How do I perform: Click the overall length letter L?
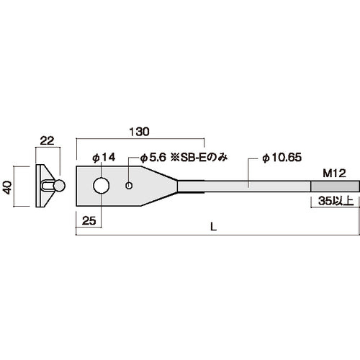tap(214, 226)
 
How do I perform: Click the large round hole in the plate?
tap(102, 186)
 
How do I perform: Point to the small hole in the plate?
tap(128, 186)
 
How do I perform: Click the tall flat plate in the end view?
tap(38, 186)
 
